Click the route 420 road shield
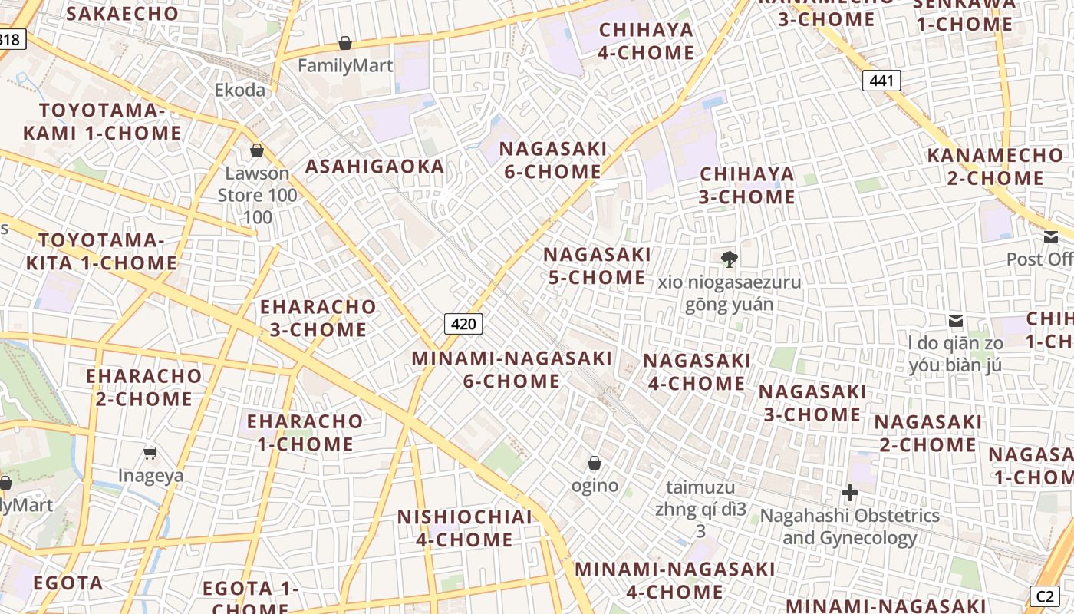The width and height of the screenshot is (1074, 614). point(463,324)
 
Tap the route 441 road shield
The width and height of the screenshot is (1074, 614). point(881,81)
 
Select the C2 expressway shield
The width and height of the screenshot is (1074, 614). point(1044,597)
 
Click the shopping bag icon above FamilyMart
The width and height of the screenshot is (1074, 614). point(345,43)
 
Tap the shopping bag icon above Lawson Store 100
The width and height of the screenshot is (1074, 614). point(257,150)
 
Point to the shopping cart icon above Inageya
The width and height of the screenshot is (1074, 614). point(150,453)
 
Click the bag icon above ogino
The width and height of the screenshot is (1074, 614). point(594,463)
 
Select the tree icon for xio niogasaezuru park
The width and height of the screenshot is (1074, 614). point(729,259)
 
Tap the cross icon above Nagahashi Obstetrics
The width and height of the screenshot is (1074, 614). point(849,492)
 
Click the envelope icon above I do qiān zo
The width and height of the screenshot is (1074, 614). point(955,320)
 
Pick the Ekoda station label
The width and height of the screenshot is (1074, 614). point(239,90)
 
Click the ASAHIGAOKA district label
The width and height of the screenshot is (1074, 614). point(374,167)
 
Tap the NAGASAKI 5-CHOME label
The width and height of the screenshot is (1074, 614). point(597,266)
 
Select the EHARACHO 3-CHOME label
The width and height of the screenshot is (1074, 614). point(318,319)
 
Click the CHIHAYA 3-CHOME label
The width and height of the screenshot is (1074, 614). point(747,186)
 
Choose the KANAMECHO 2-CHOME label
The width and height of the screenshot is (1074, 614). point(995,167)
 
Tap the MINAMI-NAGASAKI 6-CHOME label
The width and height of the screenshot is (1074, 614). point(512,369)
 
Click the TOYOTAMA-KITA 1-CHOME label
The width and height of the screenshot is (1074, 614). point(102,252)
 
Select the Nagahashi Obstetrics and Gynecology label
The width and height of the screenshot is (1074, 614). point(849,527)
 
